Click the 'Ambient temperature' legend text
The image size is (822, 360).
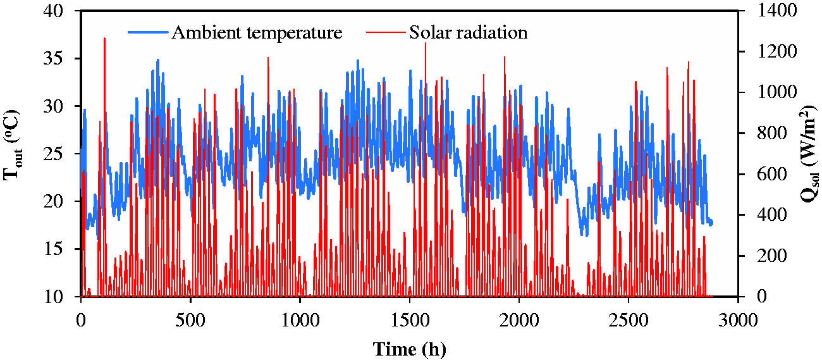point(257,33)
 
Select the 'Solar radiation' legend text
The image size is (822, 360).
point(469,32)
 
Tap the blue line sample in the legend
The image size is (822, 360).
point(148,32)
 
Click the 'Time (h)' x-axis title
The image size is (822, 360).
point(410,349)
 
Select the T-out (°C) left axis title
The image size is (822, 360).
point(12,145)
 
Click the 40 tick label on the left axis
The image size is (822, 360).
point(53,11)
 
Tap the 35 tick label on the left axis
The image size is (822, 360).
point(53,58)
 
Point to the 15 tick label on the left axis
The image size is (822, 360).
point(53,249)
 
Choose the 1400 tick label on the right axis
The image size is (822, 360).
point(777,10)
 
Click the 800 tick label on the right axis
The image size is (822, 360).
point(772,133)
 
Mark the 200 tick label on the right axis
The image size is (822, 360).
point(772,256)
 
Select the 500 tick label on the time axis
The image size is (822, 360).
point(190,320)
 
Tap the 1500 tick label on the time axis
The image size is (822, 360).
point(410,320)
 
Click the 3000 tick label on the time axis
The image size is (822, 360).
point(738,320)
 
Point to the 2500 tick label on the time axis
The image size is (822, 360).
point(629,320)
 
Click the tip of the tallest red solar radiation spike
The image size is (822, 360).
point(104,38)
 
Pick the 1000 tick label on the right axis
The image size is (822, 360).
point(777,92)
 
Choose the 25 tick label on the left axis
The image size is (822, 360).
point(53,154)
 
